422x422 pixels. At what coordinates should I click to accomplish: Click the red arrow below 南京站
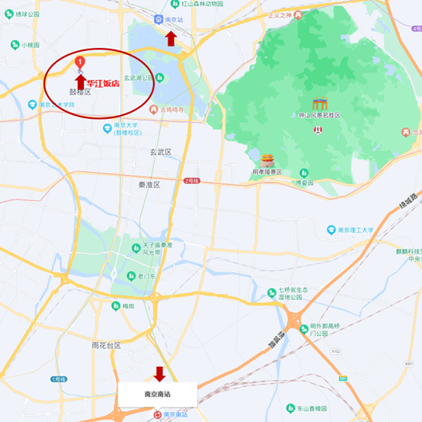point(171,40)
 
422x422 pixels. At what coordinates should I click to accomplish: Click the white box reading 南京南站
point(158,395)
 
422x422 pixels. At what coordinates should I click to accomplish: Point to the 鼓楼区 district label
point(79,92)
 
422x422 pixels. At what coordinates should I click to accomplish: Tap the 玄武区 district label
point(160,152)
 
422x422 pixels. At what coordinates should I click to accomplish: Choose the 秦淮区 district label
point(149,185)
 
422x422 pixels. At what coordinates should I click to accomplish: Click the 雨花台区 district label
point(106,345)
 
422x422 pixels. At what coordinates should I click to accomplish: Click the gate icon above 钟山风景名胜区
point(318,104)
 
